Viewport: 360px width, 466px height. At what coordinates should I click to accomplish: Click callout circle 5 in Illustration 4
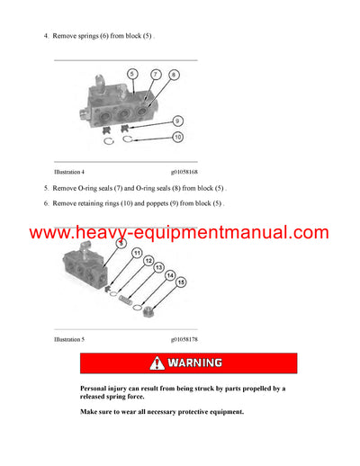click(131, 73)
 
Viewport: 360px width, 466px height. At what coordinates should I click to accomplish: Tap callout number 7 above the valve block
click(155, 73)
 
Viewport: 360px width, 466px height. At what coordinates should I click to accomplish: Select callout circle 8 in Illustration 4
click(174, 76)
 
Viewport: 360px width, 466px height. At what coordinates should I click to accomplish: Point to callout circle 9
click(177, 120)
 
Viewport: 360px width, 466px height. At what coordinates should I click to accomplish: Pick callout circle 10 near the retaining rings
click(177, 136)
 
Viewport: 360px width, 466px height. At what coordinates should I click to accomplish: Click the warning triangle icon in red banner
click(158, 363)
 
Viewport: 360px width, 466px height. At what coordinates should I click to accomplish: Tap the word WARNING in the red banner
click(193, 363)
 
